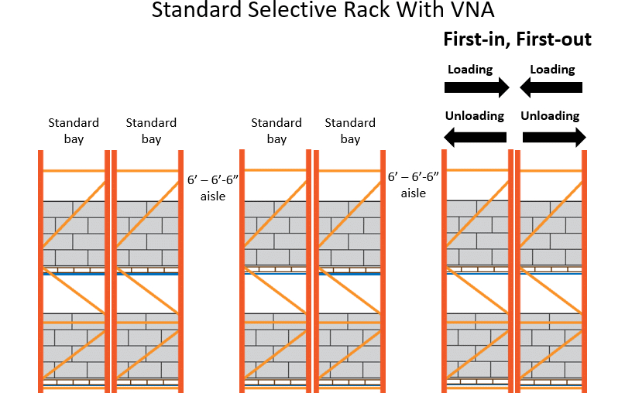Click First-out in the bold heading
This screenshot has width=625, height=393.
coord(557,39)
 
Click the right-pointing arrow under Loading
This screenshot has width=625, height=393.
coord(476,88)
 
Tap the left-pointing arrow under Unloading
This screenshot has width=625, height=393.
coord(474,138)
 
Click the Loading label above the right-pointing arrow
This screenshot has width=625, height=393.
coord(470,70)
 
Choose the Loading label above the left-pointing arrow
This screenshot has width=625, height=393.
coord(552,70)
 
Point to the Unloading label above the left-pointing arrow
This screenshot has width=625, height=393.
coord(474,116)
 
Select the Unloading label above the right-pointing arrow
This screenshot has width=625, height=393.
coord(550,116)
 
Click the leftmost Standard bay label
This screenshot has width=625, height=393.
coord(74,131)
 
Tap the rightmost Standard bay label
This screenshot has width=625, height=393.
coord(350,131)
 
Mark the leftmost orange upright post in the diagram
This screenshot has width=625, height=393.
coord(40,271)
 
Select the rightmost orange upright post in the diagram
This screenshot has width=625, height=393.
coord(584,271)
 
